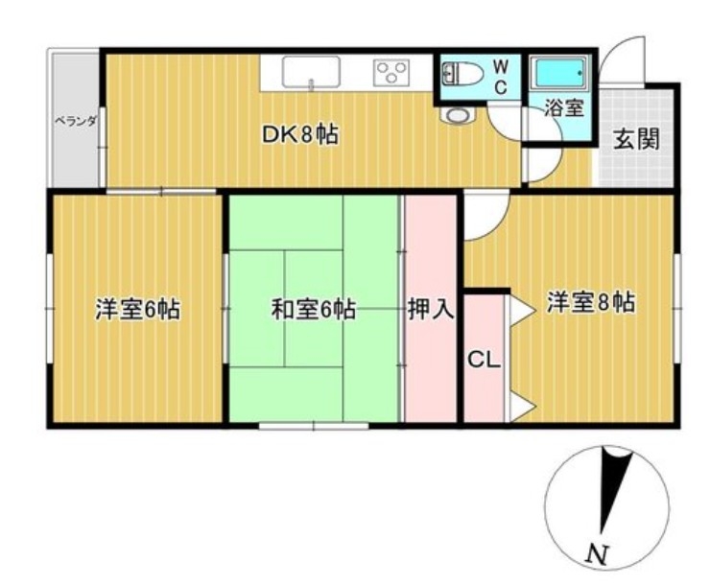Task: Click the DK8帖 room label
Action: tap(300, 134)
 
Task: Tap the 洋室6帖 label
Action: tap(137, 310)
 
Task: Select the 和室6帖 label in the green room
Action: tap(314, 310)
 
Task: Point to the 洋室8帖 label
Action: tap(591, 302)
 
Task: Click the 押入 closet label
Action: tap(430, 309)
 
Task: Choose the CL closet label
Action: tap(484, 360)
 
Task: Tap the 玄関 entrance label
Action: tap(636, 139)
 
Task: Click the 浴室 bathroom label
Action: tap(564, 107)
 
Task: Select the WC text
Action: tap(500, 77)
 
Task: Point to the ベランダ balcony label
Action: tap(76, 121)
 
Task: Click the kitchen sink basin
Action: tap(311, 72)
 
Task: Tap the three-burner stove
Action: tap(391, 72)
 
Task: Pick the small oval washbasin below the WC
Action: tap(458, 115)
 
